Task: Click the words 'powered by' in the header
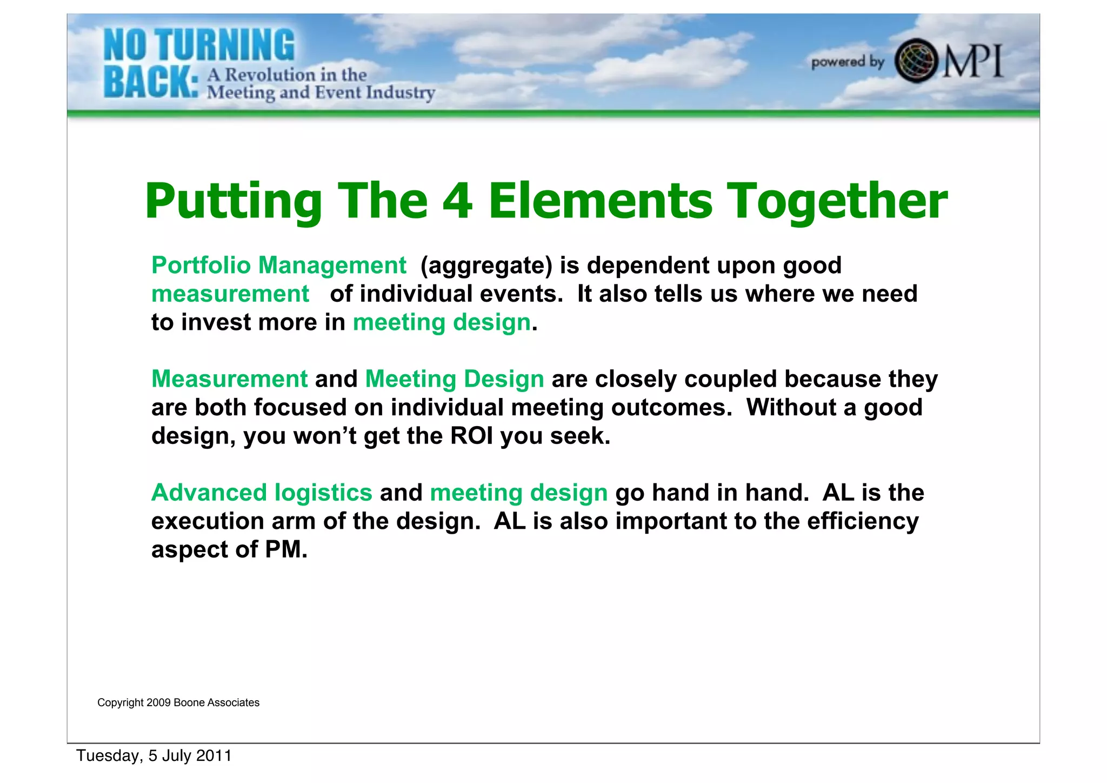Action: [847, 62]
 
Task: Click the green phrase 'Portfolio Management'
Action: [278, 265]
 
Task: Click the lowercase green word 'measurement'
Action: [230, 294]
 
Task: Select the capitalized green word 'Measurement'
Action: [229, 379]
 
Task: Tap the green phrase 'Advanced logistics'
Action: [262, 492]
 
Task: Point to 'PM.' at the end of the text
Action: [286, 549]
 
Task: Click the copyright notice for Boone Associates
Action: [178, 702]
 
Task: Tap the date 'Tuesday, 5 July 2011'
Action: [154, 755]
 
